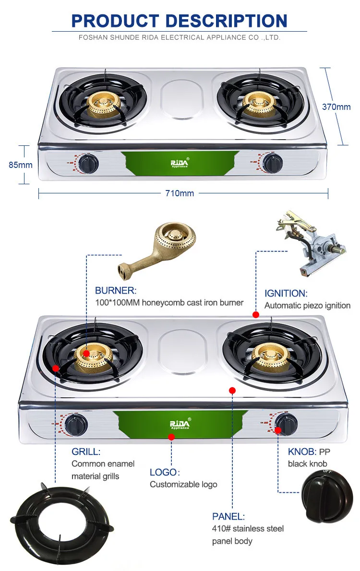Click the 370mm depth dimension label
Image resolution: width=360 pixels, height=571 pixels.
point(336,107)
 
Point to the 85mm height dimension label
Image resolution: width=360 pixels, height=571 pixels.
point(21,165)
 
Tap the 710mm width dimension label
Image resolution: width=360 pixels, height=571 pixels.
point(180,193)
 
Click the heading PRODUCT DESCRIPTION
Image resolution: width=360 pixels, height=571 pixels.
point(180,21)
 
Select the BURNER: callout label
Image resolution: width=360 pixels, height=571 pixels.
point(116,290)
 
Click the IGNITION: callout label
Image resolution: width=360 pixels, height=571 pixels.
point(286,293)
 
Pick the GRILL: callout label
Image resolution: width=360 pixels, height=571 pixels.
point(86,452)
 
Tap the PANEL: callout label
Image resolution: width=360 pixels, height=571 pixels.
point(228,516)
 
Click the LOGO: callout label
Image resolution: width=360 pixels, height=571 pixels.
point(163,472)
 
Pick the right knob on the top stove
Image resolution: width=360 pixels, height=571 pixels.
point(273,164)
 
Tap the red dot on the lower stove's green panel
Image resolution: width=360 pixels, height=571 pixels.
point(171,436)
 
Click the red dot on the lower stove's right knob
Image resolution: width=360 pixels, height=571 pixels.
point(278,430)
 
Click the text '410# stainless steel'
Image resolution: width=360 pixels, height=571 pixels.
point(248,528)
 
